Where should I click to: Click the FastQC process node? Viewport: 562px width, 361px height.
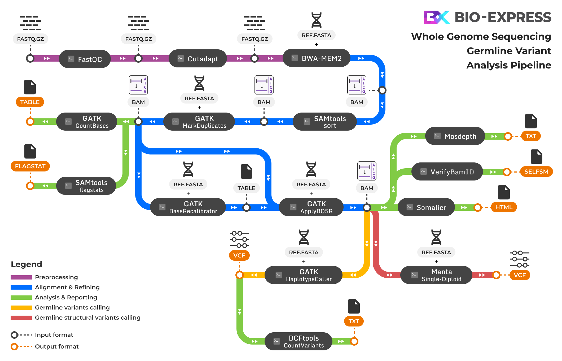click(85, 59)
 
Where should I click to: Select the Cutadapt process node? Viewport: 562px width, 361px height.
click(198, 59)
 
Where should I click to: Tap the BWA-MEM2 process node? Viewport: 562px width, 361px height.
click(317, 58)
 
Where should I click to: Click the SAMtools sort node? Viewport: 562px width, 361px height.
click(325, 122)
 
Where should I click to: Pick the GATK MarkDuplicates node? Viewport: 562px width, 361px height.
click(199, 122)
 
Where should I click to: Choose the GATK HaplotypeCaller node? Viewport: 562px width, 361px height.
click(304, 275)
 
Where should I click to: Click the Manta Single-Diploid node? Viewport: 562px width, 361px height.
click(436, 275)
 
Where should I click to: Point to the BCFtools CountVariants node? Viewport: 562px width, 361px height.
click(298, 341)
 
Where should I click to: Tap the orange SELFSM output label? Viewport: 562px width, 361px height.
click(536, 171)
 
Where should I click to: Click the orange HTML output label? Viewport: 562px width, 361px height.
click(504, 207)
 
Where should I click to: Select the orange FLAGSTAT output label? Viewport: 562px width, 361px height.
click(30, 166)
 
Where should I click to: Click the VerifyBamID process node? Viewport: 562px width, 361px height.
click(447, 172)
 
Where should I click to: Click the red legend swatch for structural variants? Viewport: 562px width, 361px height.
click(21, 317)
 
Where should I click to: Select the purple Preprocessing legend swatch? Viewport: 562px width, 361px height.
click(21, 277)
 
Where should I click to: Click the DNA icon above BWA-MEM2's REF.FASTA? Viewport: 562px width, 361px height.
click(316, 20)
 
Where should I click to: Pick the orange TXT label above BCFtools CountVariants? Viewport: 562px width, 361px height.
click(354, 321)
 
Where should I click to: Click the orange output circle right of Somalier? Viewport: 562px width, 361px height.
click(478, 208)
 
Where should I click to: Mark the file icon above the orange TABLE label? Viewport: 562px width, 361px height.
click(30, 87)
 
